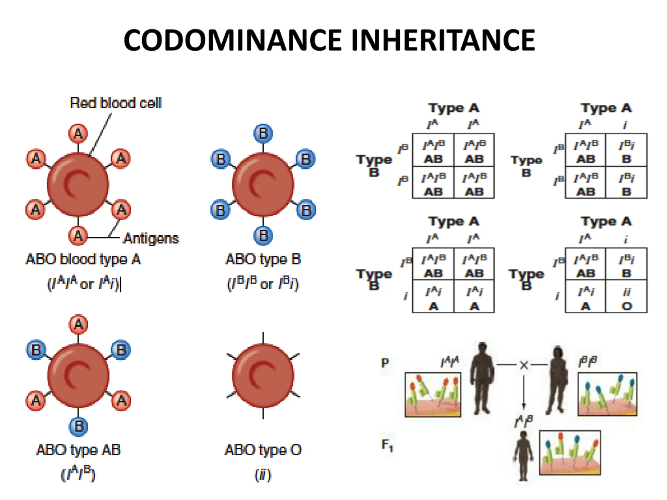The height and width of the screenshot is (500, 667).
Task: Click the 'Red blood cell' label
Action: pyautogui.click(x=116, y=103)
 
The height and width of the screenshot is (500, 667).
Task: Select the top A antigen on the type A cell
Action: pyautogui.click(x=78, y=133)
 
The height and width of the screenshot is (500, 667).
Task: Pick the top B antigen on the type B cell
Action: pyautogui.click(x=263, y=133)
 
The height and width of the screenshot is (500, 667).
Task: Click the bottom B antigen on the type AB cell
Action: pyautogui.click(x=78, y=426)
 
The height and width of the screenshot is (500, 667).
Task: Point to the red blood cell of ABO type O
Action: pyautogui.click(x=263, y=376)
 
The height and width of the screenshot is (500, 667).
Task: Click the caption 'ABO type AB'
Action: pyautogui.click(x=78, y=450)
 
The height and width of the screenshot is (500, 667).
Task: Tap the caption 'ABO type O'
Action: pyautogui.click(x=263, y=450)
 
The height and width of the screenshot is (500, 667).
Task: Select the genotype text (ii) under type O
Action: pyautogui.click(x=263, y=475)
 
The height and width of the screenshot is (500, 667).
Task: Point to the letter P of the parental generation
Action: pyautogui.click(x=385, y=362)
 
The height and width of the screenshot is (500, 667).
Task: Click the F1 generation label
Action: pyautogui.click(x=387, y=445)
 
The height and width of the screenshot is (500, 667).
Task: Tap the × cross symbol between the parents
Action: pyautogui.click(x=524, y=365)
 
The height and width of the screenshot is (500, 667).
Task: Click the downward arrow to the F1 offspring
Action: pyautogui.click(x=524, y=392)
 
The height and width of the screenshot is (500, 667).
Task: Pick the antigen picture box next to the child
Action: pyautogui.click(x=570, y=453)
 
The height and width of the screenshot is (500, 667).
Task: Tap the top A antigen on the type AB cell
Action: pyautogui.click(x=78, y=324)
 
